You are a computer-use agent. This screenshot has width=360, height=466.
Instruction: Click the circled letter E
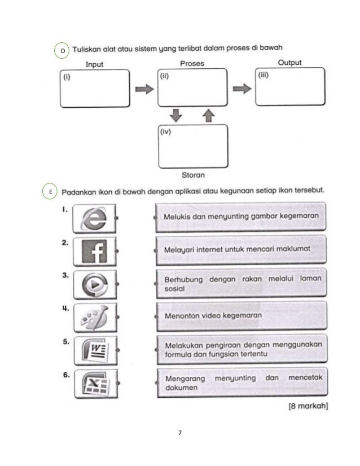(x=50, y=192)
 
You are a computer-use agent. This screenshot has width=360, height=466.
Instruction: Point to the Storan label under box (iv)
(x=193, y=174)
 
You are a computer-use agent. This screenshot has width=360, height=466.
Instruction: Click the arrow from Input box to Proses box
(x=145, y=89)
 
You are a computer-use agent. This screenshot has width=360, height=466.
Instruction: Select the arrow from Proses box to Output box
(x=242, y=88)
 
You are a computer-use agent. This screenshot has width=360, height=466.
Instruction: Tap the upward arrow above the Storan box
(x=208, y=115)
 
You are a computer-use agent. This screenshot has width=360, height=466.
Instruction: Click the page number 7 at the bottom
(x=179, y=433)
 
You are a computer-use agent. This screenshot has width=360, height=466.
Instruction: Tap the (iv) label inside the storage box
(x=166, y=134)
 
